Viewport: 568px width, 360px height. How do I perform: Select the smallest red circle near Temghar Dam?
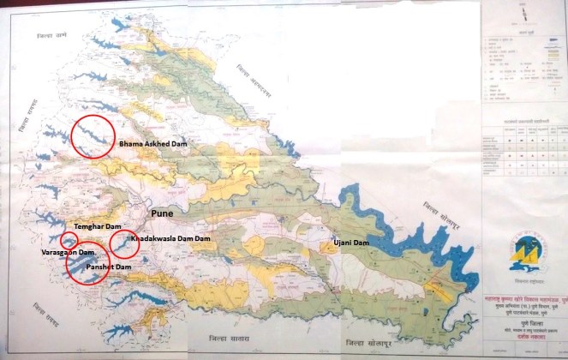pos(69,240)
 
